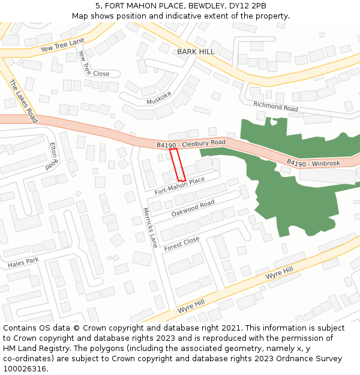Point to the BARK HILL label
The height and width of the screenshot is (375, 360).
[x=196, y=52]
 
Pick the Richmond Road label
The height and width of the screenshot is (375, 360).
[x=275, y=106]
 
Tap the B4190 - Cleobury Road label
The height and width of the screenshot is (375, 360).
[x=191, y=143]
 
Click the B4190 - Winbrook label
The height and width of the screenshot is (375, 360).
[x=313, y=163]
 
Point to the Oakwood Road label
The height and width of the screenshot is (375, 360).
[x=193, y=208]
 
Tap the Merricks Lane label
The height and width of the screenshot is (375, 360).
[x=149, y=228]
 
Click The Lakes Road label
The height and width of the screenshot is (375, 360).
[x=23, y=101]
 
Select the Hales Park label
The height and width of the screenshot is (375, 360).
[x=23, y=262]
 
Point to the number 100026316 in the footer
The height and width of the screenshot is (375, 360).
[x=25, y=369]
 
